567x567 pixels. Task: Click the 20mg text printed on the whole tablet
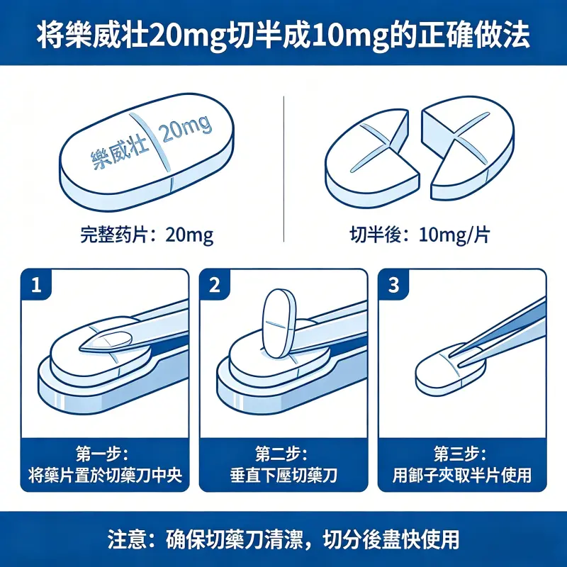186,129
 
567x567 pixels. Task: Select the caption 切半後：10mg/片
420,235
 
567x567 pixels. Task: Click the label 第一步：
105,454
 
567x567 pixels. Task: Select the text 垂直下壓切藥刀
283,476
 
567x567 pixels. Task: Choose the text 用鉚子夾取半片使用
462,476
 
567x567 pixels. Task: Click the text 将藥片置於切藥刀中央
105,476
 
